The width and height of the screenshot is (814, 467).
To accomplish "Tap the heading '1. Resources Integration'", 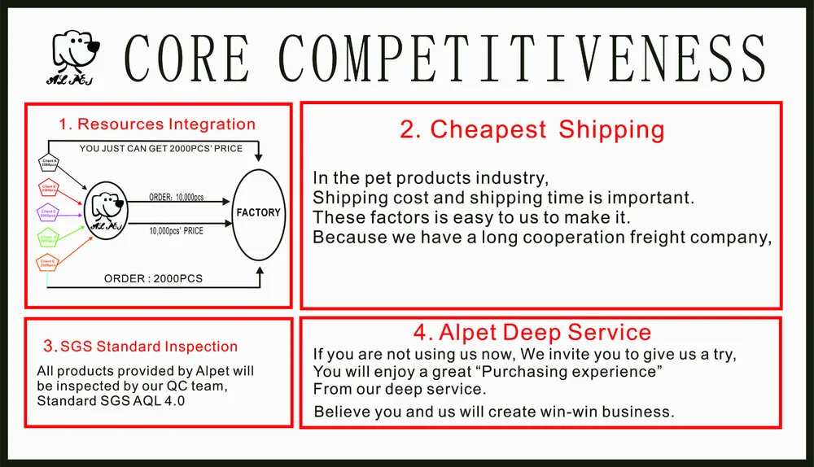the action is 157,124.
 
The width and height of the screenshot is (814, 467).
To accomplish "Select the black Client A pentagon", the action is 49,163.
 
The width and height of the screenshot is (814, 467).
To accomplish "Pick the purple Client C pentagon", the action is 49,214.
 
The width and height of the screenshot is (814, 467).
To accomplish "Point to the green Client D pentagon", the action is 49,239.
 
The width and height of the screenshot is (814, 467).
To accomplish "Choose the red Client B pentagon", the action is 49,189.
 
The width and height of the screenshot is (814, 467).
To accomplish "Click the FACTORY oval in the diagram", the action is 258,212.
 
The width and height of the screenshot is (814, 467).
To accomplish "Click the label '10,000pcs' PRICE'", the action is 176,232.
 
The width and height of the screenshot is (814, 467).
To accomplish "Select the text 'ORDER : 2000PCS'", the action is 153,278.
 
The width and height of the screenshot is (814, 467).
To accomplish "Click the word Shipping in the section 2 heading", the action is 611,129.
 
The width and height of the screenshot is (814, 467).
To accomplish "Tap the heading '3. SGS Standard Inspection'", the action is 140,347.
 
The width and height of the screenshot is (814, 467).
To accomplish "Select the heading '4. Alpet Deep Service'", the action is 532,332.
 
